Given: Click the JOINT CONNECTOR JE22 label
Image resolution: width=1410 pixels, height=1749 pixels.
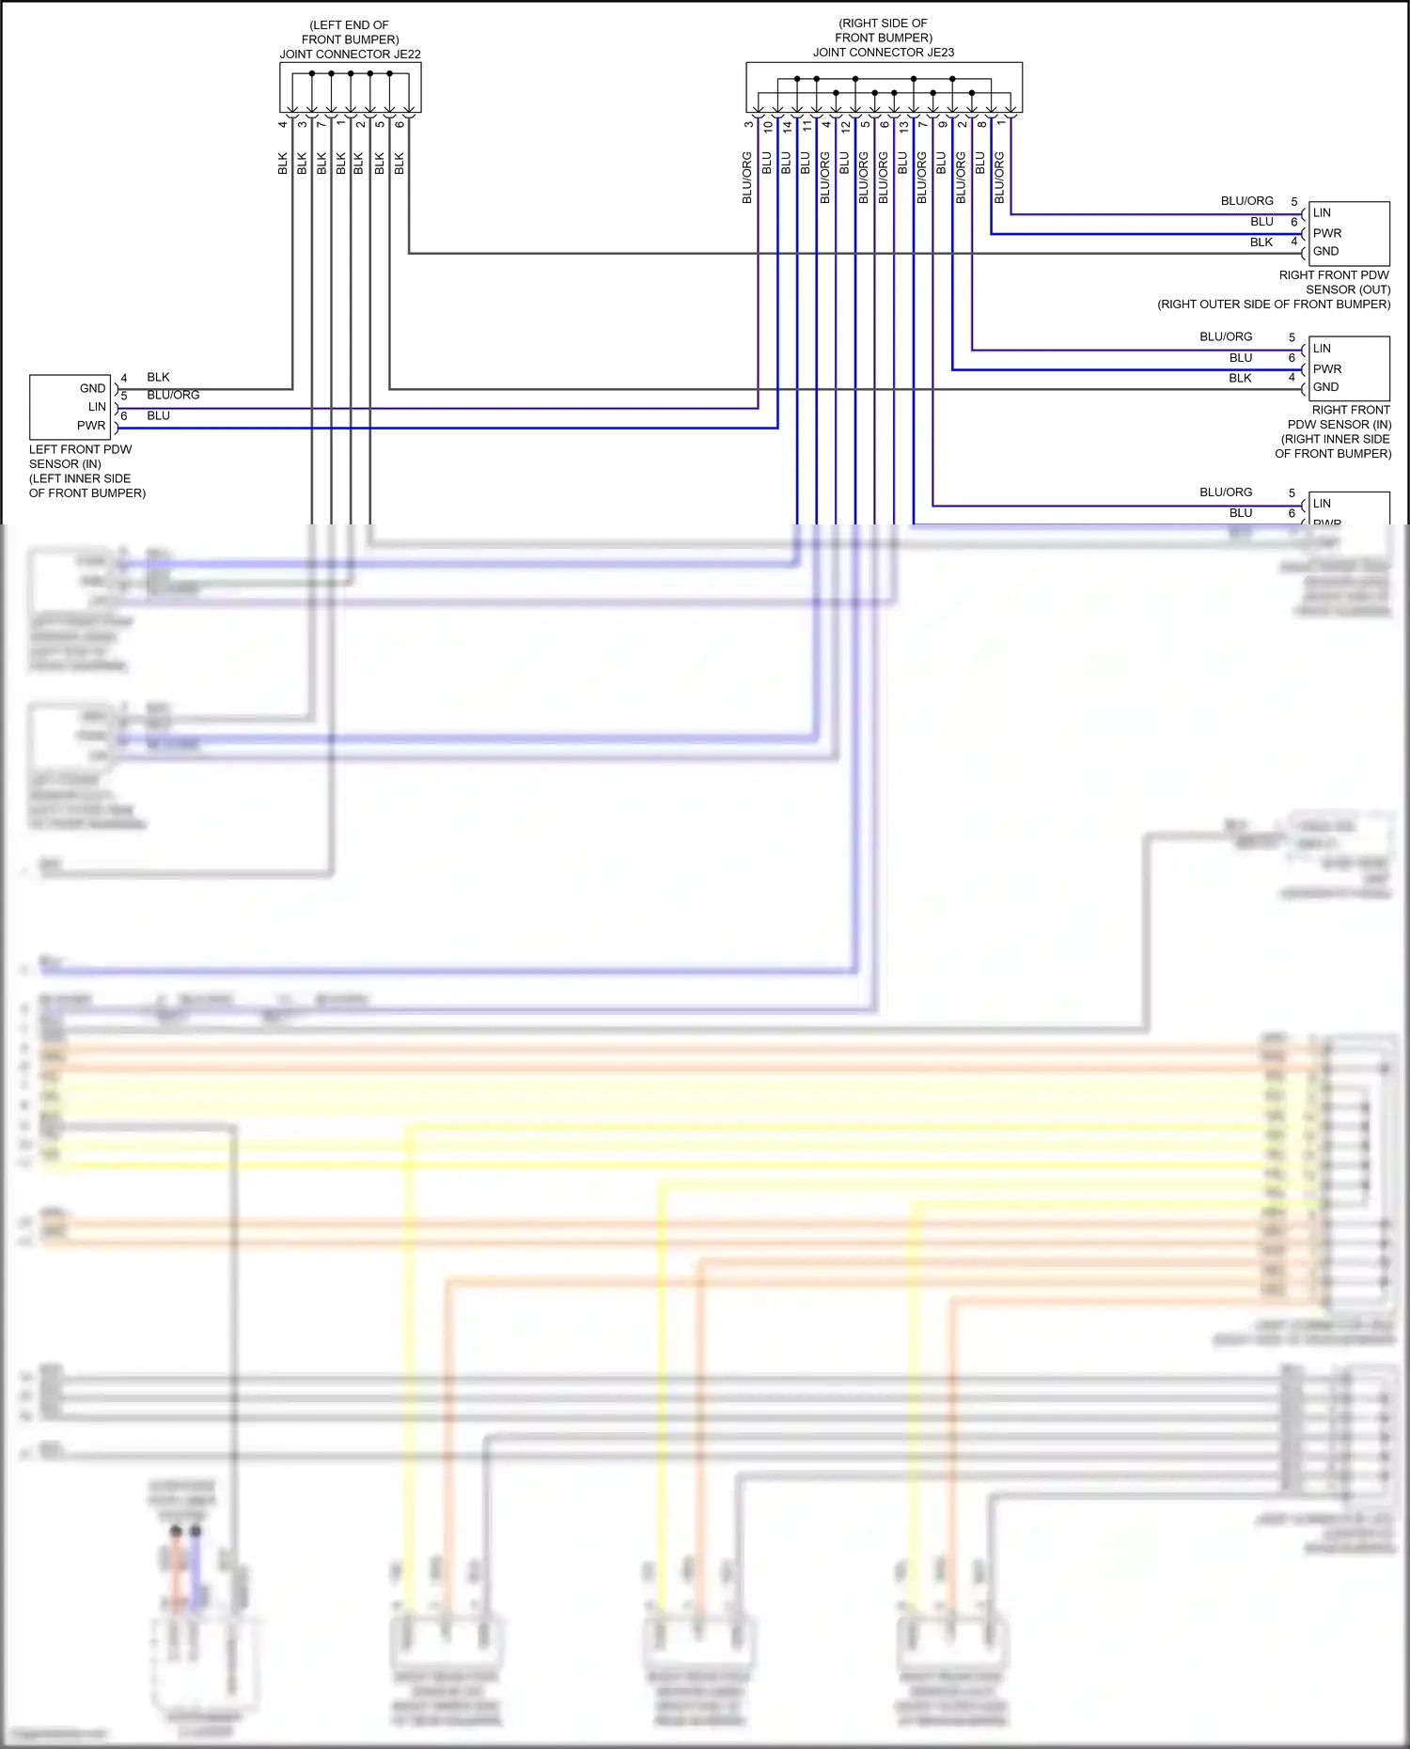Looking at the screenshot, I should [x=350, y=55].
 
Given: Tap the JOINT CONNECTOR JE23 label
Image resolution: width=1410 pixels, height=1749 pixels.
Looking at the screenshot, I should [x=883, y=53].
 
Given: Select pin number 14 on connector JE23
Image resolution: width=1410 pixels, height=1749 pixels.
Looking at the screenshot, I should [x=788, y=126].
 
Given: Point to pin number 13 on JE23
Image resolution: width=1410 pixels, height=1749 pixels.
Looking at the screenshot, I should [x=904, y=126].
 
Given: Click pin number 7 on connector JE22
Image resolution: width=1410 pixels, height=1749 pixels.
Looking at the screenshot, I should [x=321, y=124].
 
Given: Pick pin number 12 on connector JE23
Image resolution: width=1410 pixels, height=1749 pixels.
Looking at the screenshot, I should [x=846, y=126].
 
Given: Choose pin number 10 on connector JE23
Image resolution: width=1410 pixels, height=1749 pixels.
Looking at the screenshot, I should [x=768, y=126].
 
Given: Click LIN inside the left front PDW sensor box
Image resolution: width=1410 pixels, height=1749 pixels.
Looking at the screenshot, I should [x=97, y=407].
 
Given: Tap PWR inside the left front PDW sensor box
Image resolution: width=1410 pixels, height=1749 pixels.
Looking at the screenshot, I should [x=91, y=426].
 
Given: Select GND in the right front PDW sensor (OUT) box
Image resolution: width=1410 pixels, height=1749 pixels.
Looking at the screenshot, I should [x=1325, y=251].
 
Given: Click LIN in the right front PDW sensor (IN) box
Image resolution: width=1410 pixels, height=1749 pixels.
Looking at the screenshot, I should [x=1322, y=349].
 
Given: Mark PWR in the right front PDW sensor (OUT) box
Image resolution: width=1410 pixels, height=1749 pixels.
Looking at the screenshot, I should [x=1327, y=233].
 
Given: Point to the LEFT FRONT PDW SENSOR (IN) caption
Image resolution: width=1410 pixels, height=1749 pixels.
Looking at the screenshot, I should [x=80, y=457].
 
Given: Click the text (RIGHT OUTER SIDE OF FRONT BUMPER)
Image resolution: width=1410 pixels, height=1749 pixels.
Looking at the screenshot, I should [x=1274, y=305].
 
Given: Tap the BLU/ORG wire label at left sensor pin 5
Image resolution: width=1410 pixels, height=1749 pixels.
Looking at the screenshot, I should [x=173, y=395].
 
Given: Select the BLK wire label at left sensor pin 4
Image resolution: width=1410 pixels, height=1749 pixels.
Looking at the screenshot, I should [x=158, y=377].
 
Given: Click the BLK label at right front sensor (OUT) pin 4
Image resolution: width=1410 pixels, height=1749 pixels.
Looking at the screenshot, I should [x=1261, y=242].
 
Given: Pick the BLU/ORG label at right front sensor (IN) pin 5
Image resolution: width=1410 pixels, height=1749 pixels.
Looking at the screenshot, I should [x=1226, y=336].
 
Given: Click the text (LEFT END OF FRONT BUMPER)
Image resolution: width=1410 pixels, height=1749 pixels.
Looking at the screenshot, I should [x=350, y=32].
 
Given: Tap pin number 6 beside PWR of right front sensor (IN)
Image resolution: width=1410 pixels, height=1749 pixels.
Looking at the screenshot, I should [x=1292, y=358].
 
